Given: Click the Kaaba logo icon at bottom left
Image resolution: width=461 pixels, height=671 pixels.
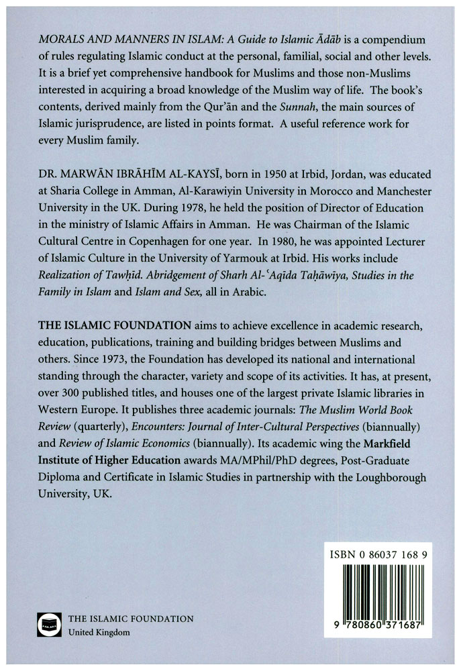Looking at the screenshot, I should click(x=46, y=625).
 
